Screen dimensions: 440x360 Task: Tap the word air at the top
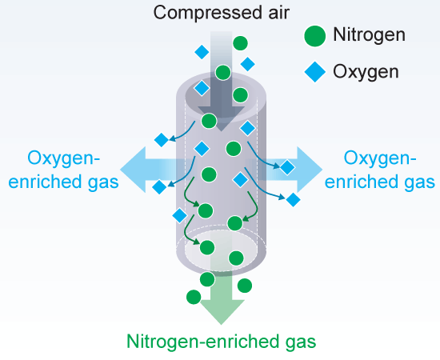278,13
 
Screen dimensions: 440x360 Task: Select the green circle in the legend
315,36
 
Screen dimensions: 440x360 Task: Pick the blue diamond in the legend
315,72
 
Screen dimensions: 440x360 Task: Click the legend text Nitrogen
370,34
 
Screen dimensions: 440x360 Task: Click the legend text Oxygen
366,71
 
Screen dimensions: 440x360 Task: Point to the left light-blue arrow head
133,170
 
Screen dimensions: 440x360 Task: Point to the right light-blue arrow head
310,170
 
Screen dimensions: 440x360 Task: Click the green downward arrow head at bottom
222,312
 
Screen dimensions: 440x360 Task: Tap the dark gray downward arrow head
221,118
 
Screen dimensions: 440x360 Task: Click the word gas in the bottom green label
301,343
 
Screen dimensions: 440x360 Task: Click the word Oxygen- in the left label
64,159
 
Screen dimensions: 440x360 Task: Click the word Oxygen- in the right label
380,159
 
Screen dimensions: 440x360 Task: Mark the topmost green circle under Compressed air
240,43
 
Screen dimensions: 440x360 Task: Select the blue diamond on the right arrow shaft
287,167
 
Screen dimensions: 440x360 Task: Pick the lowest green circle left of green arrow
194,297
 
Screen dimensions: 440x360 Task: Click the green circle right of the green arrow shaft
245,286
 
